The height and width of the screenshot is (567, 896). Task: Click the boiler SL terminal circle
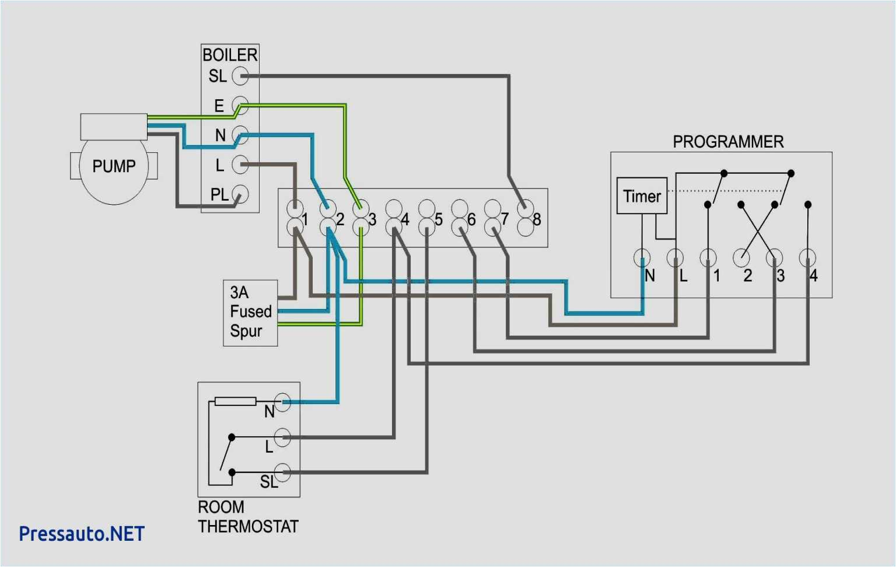[x=240, y=76]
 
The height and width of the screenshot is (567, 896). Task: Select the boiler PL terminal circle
[x=240, y=194]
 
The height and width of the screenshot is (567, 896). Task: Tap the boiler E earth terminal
[x=240, y=106]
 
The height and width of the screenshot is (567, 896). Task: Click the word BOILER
[x=230, y=55]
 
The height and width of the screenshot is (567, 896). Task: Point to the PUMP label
[x=114, y=166]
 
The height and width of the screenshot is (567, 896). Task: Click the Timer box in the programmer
[x=642, y=196]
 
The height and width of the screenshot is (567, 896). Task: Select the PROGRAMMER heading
[x=728, y=142]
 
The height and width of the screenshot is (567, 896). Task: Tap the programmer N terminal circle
[x=642, y=257]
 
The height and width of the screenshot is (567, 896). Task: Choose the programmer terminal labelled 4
[x=807, y=257]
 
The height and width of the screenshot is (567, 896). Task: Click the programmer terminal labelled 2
[x=741, y=257]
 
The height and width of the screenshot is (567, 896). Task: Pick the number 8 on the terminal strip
[x=537, y=219]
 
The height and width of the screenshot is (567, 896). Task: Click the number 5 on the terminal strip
[x=439, y=219]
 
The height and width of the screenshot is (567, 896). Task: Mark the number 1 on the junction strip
[x=305, y=219]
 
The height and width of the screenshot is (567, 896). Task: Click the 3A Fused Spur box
[x=250, y=313]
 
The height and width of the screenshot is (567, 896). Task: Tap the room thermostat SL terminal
[x=283, y=471]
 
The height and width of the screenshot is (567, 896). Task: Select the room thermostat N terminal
[x=283, y=402]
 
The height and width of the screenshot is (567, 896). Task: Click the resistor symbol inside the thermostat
[x=235, y=401]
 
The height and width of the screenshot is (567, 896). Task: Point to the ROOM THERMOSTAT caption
[x=248, y=517]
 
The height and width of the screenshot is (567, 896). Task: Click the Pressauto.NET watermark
[x=82, y=534]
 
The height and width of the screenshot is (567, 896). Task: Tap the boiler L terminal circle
[x=240, y=164]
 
